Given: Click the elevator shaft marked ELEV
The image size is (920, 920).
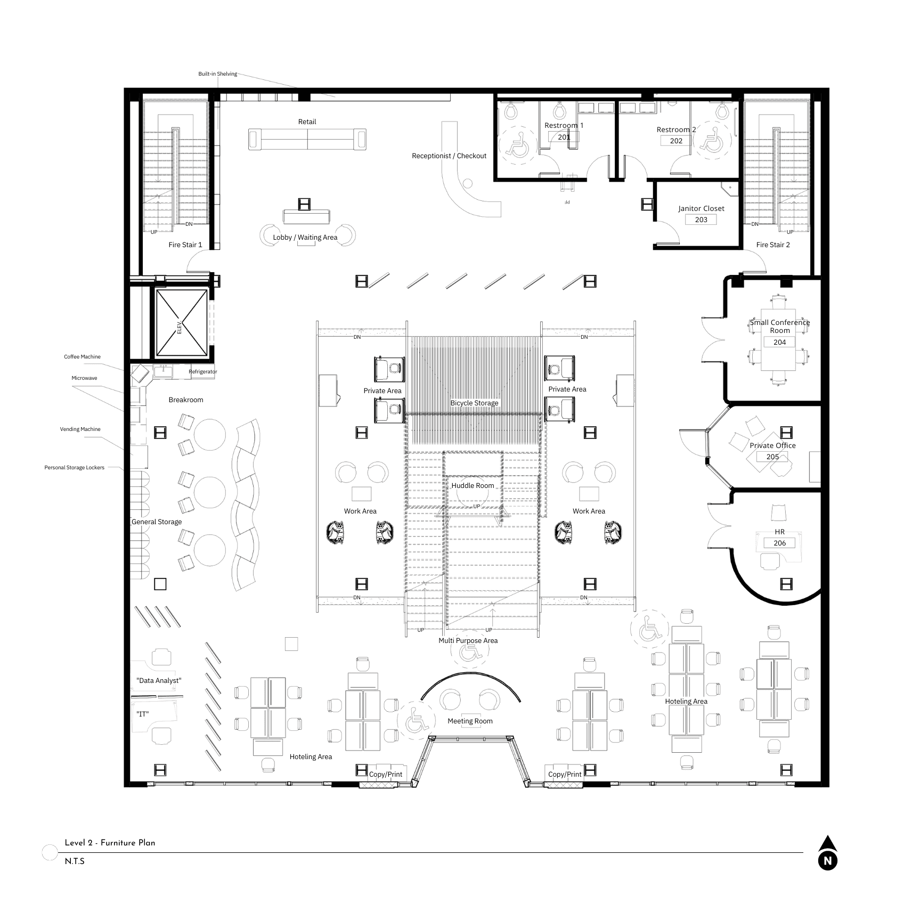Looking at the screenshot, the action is [181, 322].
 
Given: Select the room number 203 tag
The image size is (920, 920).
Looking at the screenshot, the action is [701, 219].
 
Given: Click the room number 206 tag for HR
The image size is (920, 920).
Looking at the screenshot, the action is [779, 543].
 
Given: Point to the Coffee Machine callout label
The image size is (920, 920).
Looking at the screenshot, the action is [82, 357].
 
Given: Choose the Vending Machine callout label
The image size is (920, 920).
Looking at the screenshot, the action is [80, 429].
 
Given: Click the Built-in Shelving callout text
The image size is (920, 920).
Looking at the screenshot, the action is [217, 74].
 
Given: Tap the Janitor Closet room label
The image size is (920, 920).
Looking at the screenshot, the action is [701, 208].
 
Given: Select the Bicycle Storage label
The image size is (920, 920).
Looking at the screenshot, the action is [474, 403].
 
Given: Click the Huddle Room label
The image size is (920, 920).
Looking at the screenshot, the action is [473, 486].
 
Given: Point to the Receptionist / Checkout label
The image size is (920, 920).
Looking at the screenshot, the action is [449, 156].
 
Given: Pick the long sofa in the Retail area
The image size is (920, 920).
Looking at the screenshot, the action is [307, 139].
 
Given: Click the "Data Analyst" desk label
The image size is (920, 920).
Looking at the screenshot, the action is [159, 681].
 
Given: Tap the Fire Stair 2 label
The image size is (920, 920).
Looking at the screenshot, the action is [773, 245].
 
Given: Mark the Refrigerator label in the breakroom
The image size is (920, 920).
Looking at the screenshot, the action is [203, 372].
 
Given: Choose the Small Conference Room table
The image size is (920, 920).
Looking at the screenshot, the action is [778, 340].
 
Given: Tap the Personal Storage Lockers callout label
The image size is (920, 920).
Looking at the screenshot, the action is [75, 468].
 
